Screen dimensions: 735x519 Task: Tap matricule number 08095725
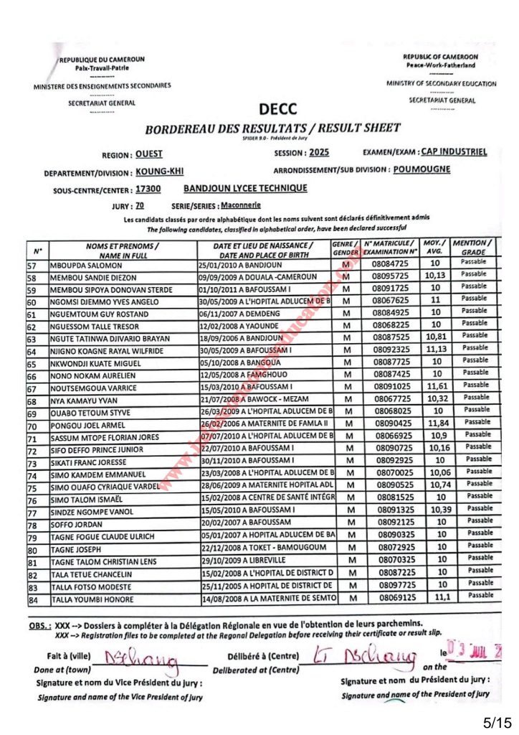[391, 276]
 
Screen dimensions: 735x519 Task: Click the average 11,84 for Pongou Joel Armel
[435, 423]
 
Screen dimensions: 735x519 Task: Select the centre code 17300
[148, 190]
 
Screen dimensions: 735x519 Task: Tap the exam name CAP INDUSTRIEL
[454, 151]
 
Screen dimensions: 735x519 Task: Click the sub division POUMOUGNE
[422, 170]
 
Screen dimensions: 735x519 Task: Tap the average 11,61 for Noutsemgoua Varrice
[435, 387]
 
